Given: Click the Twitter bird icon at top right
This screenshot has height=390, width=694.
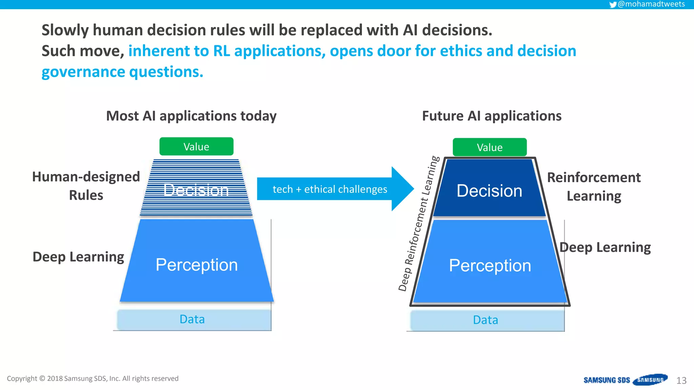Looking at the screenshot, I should coord(613,5).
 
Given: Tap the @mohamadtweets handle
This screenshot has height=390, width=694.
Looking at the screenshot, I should coord(651,4).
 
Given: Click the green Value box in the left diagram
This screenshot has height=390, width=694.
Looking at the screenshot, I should coord(196,147).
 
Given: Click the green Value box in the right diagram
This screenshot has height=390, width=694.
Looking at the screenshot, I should coord(489,147).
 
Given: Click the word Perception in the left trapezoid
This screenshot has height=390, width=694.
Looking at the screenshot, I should coord(197,265).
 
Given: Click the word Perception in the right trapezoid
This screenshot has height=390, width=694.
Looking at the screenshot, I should coord(490,265).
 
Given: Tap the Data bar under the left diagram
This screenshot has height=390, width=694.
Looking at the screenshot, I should coord(192,319).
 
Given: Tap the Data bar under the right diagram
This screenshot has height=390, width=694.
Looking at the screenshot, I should coord(486,320).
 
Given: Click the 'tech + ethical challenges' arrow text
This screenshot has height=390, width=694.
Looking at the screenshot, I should coord(330,189).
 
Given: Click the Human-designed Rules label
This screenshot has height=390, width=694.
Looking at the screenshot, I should coord(86,186).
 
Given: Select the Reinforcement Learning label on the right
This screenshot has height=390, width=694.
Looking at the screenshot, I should coord(594,187).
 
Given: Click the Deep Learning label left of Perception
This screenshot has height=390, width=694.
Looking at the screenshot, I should coord(78,257).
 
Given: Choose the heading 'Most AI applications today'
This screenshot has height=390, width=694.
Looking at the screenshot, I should coord(191,116).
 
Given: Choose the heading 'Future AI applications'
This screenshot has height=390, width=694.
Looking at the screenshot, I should coord(491,116).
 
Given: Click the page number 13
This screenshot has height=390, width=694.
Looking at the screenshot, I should coord(681,381).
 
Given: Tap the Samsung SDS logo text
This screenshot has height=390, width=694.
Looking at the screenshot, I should coord(607,380).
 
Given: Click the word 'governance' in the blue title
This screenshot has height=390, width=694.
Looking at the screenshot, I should coord(83,72).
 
